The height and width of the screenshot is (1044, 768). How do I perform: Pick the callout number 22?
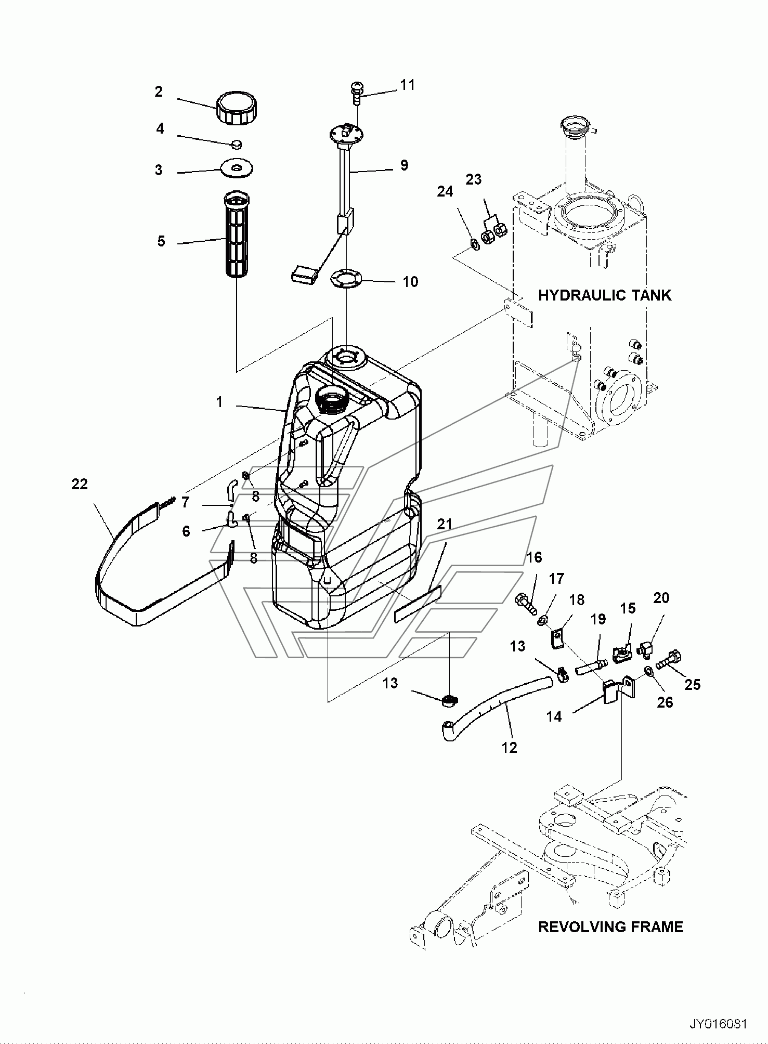[80, 484]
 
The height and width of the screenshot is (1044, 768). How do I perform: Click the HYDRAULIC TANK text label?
[604, 295]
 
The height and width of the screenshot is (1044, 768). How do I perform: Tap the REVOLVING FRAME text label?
[610, 926]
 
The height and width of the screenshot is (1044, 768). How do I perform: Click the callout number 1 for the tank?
[219, 402]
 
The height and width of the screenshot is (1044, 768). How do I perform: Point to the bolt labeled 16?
[527, 604]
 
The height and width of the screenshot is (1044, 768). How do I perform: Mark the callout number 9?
[404, 165]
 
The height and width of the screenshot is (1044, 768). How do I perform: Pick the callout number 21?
[445, 525]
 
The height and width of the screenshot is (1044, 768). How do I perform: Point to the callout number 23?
[474, 179]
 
